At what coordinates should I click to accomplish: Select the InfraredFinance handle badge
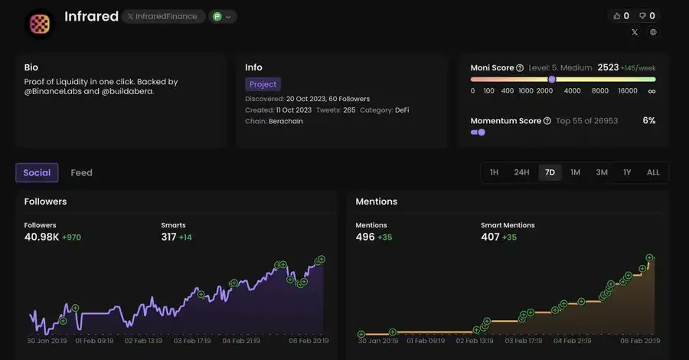tap(162, 16)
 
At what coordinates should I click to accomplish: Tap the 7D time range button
tap(550, 172)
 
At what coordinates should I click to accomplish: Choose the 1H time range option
tap(495, 172)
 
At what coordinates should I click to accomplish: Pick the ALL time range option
tap(653, 172)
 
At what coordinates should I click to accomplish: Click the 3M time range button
tap(602, 172)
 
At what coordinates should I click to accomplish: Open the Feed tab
tap(81, 172)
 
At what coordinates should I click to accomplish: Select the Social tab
tap(37, 172)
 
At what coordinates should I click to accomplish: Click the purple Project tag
tap(263, 84)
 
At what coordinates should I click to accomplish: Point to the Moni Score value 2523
tap(608, 67)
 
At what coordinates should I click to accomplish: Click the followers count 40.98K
tap(41, 237)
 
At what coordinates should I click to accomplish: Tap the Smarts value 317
tap(168, 237)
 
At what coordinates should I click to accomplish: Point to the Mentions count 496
tap(365, 237)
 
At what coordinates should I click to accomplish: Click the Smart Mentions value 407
tap(490, 237)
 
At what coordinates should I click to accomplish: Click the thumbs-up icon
tap(616, 15)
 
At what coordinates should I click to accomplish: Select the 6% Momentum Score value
tap(648, 121)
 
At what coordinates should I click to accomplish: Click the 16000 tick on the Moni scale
tap(628, 90)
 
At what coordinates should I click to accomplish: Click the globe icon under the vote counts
tap(653, 32)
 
